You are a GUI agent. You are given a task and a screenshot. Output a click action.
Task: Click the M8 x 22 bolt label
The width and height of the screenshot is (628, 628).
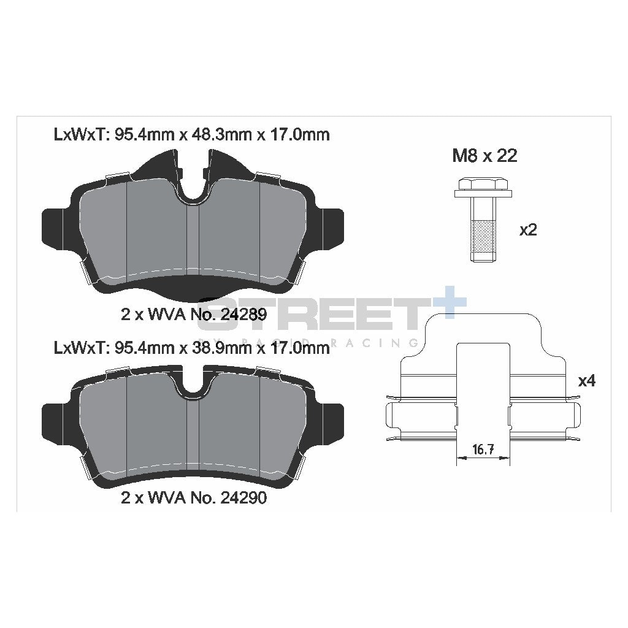[x=484, y=156]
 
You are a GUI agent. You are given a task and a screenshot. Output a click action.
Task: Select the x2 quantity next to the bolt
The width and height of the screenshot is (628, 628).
[x=528, y=230]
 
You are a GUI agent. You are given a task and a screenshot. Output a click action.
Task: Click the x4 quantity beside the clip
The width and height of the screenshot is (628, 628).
[x=587, y=381]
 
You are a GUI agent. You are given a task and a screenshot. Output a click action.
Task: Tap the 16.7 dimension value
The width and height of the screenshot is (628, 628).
[x=483, y=450]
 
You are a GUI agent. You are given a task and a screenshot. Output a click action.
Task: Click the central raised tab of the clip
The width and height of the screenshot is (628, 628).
[x=483, y=380]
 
